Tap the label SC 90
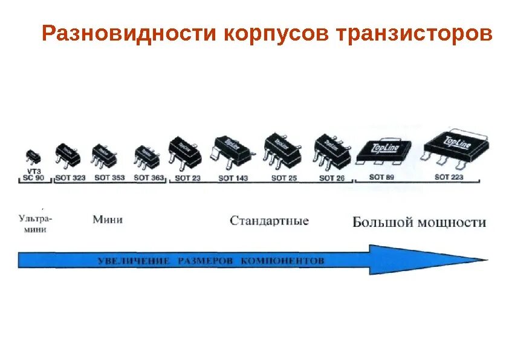(33, 178)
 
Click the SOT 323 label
(70, 178)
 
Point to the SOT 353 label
(109, 178)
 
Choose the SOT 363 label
(149, 178)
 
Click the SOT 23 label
(187, 178)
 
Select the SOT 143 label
(233, 178)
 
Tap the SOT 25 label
(283, 178)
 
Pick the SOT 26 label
(331, 178)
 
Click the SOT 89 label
(382, 177)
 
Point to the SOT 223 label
(449, 177)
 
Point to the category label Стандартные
(269, 221)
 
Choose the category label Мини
(108, 219)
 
